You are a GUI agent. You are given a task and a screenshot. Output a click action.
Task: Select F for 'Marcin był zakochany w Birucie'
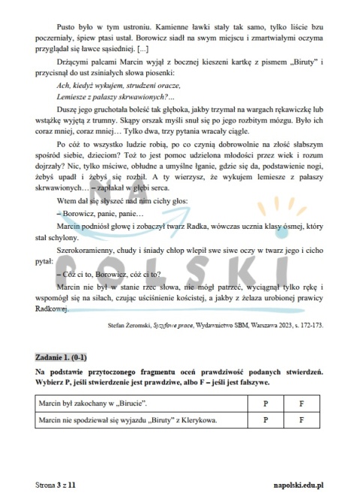point(301,404)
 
